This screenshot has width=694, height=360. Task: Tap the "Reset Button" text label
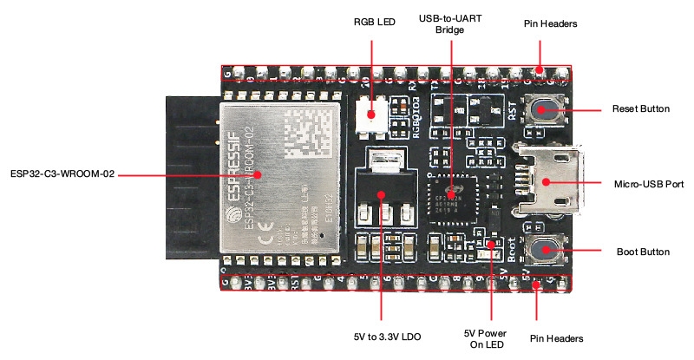pyautogui.click(x=640, y=109)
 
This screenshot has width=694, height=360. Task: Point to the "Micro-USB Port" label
pyautogui.click(x=647, y=183)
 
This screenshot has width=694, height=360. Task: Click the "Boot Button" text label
pyautogui.click(x=642, y=252)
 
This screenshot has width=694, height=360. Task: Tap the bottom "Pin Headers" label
pyautogui.click(x=555, y=337)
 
